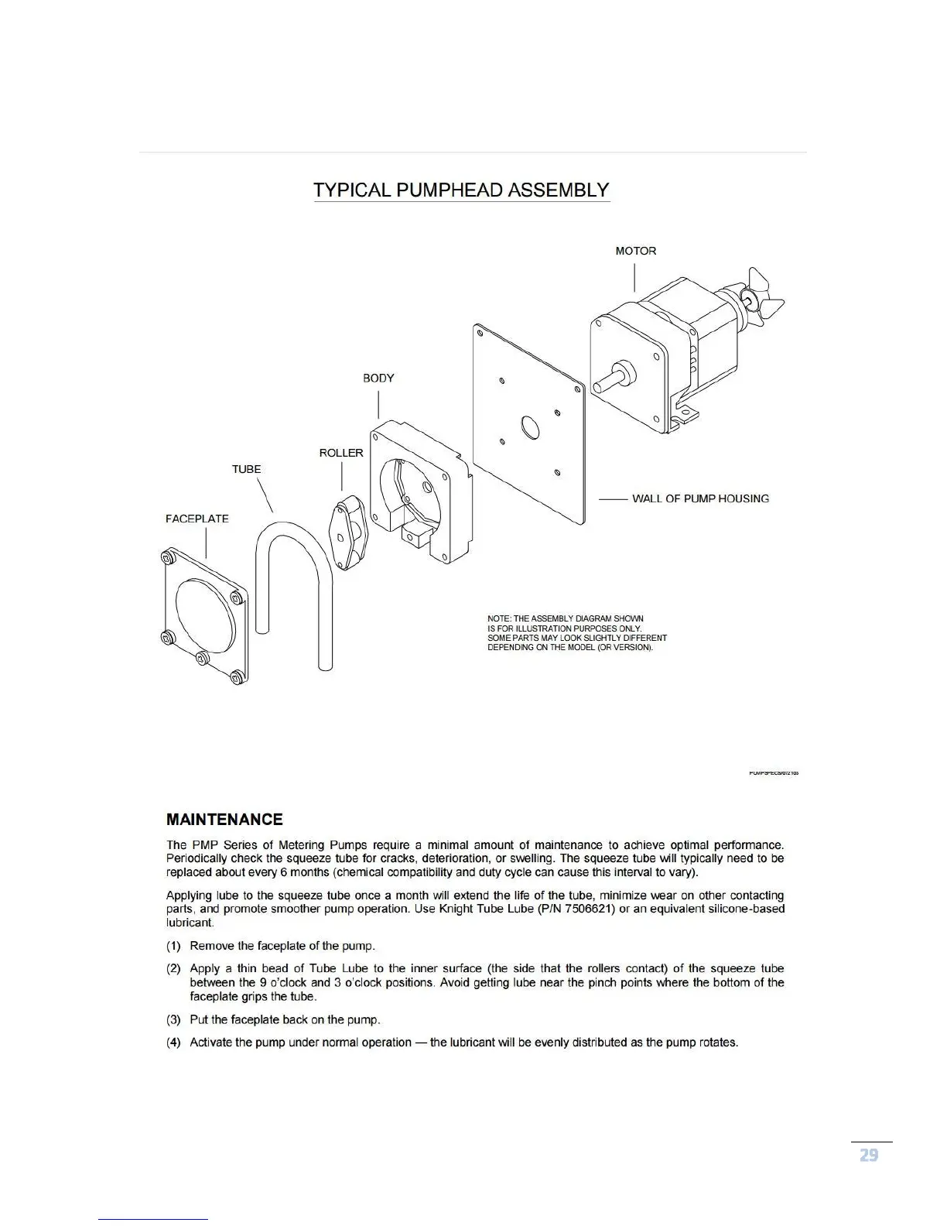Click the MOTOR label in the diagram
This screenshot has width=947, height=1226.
[635, 251]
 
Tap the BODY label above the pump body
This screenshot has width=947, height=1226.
[378, 378]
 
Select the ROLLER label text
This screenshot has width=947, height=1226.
[341, 453]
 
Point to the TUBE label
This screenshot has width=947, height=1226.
[247, 469]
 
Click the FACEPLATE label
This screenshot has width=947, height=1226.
[197, 519]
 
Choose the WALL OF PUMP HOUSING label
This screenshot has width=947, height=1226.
[700, 498]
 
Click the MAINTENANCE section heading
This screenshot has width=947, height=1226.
[224, 820]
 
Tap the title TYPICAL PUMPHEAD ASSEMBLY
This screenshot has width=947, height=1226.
[462, 190]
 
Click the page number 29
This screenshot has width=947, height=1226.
[869, 1156]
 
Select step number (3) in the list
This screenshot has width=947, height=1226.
[174, 1019]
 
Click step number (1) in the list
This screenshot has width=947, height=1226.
[174, 946]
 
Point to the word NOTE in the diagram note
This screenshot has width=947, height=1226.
[498, 618]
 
